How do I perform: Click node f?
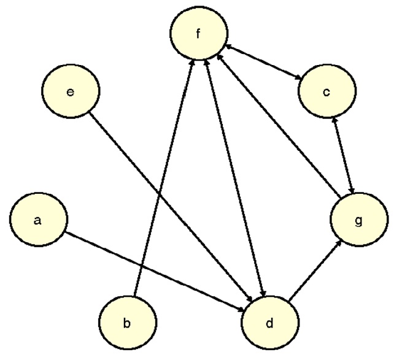[x=198, y=34]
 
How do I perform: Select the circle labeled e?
[x=71, y=93]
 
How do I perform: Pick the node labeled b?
[x=127, y=323]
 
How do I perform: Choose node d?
[x=270, y=323]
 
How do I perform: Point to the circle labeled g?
[x=358, y=221]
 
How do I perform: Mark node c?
[x=326, y=93]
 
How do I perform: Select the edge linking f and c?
[x=263, y=63]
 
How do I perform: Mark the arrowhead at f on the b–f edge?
[x=193, y=61]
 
